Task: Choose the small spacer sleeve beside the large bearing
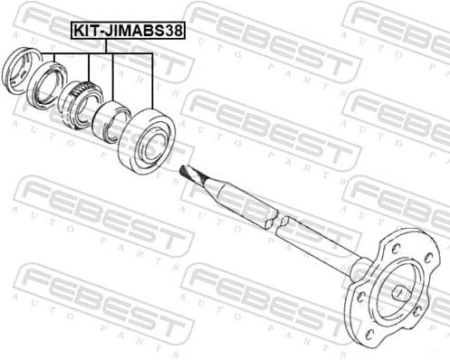click(111, 121)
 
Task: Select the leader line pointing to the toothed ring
click(89, 68)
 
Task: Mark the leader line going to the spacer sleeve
click(111, 77)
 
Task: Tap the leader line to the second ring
click(53, 62)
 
